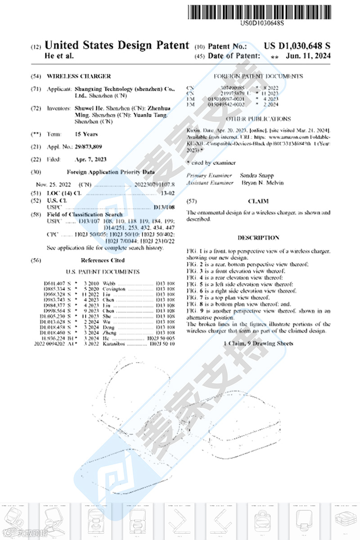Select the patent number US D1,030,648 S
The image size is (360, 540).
pos(297,45)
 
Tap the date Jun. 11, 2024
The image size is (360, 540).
pos(308,56)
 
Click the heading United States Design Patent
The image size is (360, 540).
pos(117,45)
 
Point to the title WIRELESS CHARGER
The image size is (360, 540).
pos(79,76)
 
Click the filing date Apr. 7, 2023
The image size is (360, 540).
pos(90,159)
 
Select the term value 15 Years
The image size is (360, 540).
pos(86,134)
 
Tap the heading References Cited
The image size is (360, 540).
pos(103,260)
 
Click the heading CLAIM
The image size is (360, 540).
pos(258,201)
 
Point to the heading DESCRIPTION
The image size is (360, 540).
pos(258,238)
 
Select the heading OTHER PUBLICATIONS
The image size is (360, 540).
pos(258,119)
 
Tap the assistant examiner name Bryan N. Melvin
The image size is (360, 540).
pos(262,183)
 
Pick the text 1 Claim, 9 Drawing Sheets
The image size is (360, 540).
pos(258,343)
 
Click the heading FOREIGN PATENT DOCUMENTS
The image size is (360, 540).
pos(258,76)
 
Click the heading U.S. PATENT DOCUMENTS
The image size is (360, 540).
pos(103,272)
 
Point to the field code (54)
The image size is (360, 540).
pos(36,76)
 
